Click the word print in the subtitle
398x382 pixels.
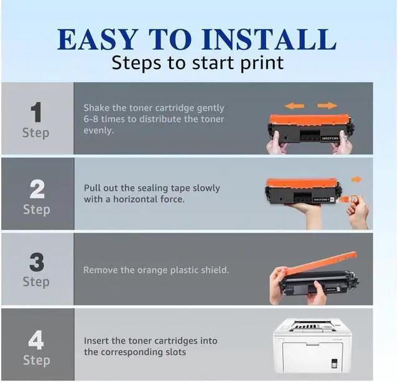click(262, 63)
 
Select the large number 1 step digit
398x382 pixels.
click(36, 112)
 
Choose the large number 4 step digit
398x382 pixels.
click(36, 340)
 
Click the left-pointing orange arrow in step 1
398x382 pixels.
click(294, 106)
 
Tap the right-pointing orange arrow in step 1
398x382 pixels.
click(328, 105)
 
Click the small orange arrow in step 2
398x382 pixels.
click(356, 180)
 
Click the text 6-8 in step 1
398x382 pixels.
click(91, 119)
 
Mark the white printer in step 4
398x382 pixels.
click(313, 345)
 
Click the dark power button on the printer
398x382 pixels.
click(335, 363)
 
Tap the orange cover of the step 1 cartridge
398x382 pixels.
click(309, 119)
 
